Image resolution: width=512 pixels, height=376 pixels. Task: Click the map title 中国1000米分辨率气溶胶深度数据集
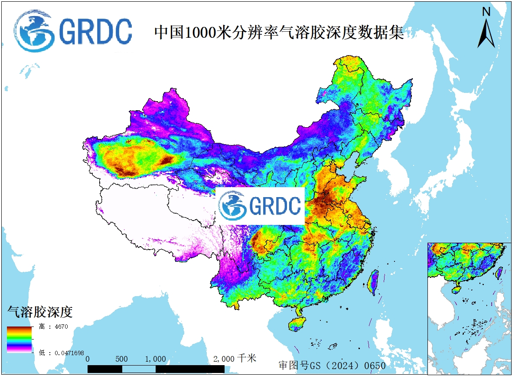click(279, 33)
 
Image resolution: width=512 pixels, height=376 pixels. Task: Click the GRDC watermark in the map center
click(260, 206)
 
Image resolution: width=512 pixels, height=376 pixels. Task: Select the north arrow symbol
click(486, 33)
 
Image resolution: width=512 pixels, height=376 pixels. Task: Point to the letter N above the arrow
click(486, 12)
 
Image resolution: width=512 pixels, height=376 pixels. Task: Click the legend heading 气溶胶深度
click(39, 311)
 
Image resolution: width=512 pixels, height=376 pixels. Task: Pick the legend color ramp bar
click(19, 339)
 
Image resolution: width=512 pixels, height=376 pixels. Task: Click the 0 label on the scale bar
click(88, 359)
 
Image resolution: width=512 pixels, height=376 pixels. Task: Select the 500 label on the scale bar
click(122, 359)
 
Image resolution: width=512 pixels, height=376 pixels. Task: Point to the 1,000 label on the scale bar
click(156, 359)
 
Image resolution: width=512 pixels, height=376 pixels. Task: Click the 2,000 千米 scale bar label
click(235, 359)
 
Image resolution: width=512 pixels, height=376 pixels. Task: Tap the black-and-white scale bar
click(156, 369)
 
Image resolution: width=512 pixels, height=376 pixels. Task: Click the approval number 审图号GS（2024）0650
click(332, 365)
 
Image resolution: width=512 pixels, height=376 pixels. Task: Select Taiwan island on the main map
click(372, 282)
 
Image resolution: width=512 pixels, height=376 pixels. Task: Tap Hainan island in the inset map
click(456, 287)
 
